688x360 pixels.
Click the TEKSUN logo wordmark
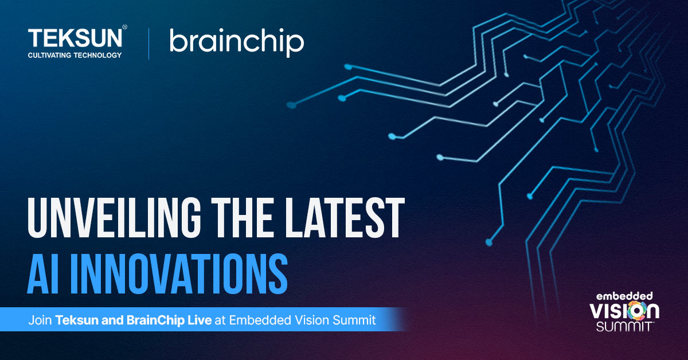point(75,38)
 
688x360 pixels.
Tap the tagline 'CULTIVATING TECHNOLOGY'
point(75,55)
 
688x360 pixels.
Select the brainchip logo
point(237,42)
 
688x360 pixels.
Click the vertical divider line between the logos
point(149,44)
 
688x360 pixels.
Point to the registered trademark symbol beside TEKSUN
point(125,27)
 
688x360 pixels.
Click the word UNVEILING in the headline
point(114,218)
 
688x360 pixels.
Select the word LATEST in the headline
point(345,218)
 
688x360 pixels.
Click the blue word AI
point(43,273)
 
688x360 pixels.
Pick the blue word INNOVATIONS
point(179,273)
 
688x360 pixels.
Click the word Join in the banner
point(40,320)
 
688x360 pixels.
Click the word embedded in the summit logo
point(624,296)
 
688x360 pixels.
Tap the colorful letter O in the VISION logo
point(635,311)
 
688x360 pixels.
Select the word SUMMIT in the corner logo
point(625,327)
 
